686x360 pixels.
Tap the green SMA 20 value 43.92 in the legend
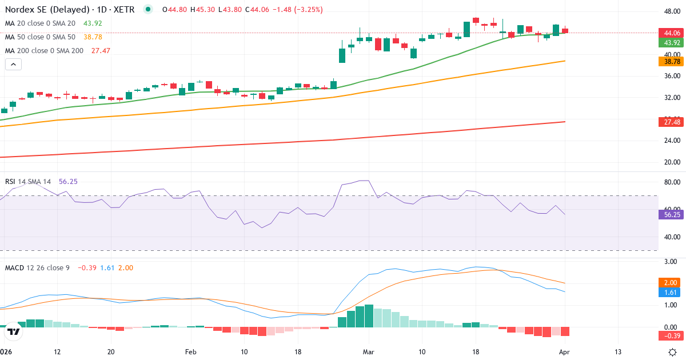tap(92, 23)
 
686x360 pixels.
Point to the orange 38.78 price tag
tap(669, 61)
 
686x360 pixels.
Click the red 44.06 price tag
tap(669, 33)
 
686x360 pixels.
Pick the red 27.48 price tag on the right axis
tap(669, 122)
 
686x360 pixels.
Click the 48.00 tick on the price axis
tap(672, 11)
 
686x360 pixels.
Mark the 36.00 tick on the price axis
tap(672, 76)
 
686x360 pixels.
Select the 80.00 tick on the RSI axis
tap(672, 182)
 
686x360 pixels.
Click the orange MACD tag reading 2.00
tap(669, 283)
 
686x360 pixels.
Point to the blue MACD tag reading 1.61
tap(669, 293)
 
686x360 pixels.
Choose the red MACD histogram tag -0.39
tap(669, 335)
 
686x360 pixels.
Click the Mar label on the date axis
tap(368, 351)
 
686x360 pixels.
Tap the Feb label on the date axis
tap(190, 351)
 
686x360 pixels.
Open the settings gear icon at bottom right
tap(673, 351)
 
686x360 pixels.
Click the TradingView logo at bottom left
tap(14, 331)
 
